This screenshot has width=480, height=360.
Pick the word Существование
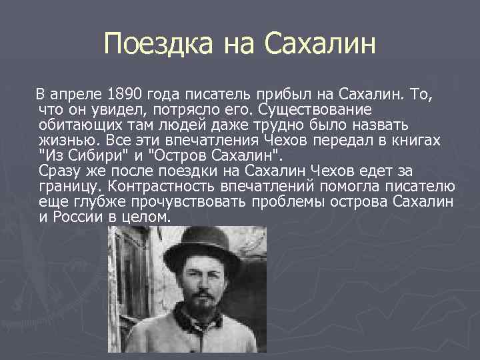[x=317, y=109]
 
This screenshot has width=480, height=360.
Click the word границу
[x=70, y=187]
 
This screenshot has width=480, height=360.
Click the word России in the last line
[x=78, y=217]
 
